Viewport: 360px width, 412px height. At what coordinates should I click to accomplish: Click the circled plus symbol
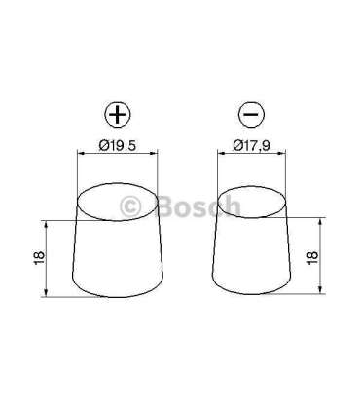(117, 115)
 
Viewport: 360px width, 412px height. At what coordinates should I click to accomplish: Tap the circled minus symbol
(251, 115)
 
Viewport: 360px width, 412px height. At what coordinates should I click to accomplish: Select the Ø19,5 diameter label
(117, 147)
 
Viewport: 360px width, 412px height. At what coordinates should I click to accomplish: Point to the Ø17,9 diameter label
(251, 147)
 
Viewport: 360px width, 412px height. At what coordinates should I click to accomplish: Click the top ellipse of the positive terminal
(117, 202)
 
